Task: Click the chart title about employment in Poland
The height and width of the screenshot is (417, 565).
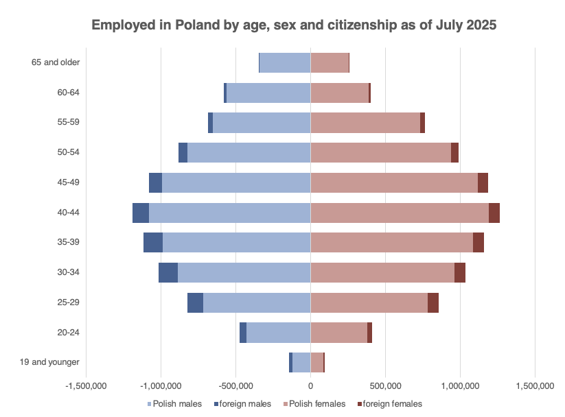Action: tap(294, 25)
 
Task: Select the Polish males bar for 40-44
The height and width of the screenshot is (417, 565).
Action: tap(229, 213)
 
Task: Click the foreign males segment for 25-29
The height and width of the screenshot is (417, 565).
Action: tap(195, 302)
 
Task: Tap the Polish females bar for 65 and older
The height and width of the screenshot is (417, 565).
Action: tap(330, 62)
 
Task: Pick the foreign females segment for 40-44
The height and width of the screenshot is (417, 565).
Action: tap(494, 213)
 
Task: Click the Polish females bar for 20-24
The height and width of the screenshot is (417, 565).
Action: tap(338, 333)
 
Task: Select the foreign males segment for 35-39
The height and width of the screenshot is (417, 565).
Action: tap(153, 243)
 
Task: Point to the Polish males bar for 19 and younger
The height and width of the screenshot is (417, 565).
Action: tap(301, 362)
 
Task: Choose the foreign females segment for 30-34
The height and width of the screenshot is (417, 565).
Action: tap(460, 272)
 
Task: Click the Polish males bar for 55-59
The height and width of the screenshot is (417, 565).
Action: tap(262, 123)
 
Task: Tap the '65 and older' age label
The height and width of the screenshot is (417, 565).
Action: tap(56, 62)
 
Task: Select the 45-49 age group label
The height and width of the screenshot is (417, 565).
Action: tap(69, 182)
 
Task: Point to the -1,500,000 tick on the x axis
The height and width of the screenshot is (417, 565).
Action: tap(87, 386)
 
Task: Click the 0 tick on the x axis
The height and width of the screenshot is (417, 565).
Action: tap(310, 386)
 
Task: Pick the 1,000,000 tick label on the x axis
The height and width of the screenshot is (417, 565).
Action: tap(460, 386)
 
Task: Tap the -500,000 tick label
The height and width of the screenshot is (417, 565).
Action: tap(236, 386)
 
